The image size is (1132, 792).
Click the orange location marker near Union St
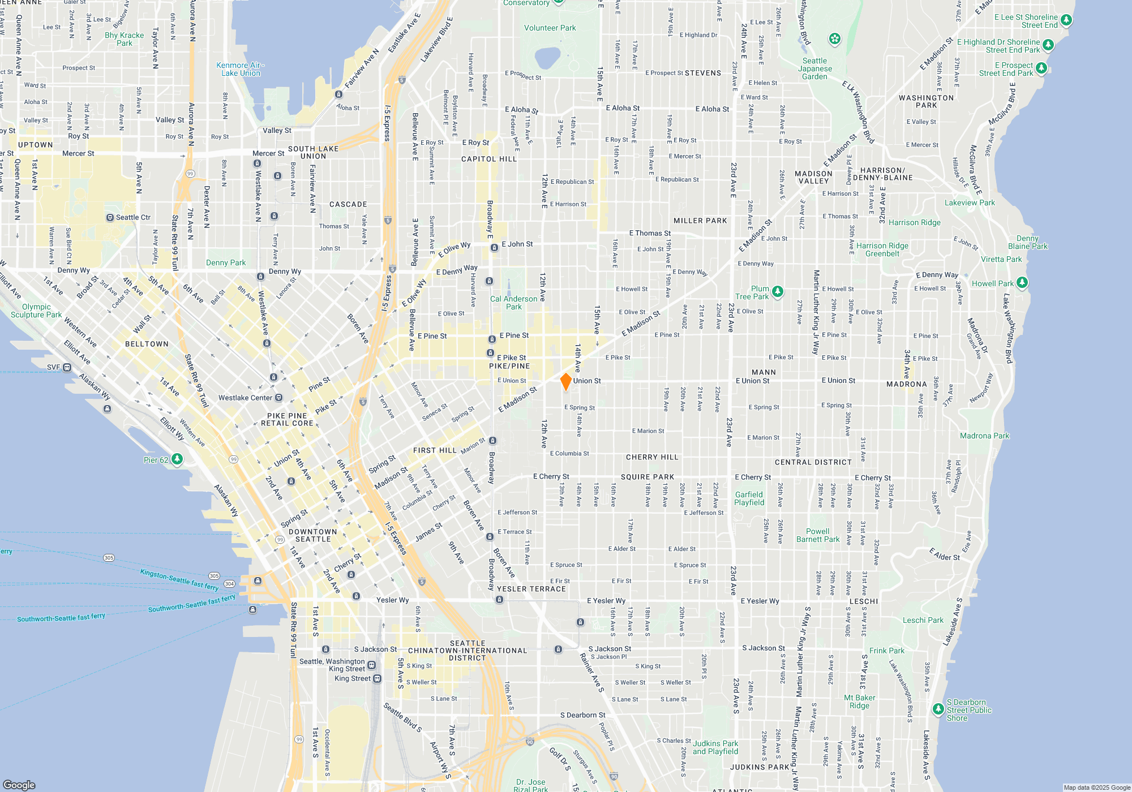pos(565,382)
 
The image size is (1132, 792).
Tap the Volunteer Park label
pos(550,28)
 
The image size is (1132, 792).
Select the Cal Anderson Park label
pos(513,303)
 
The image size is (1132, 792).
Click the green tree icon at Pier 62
pos(177,459)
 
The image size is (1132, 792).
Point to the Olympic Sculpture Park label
pos(36,311)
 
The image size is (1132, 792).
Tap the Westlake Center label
pos(246,398)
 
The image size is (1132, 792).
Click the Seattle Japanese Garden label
pos(815,68)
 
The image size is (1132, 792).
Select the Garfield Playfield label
pos(749,498)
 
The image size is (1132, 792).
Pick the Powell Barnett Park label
pos(818,535)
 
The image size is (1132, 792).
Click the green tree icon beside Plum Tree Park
pos(778,291)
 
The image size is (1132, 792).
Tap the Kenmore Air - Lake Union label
pos(241,69)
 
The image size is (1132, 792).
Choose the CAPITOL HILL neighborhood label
pos(489,159)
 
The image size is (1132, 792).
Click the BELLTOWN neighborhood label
pos(147,344)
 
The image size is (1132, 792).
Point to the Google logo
pos(19,785)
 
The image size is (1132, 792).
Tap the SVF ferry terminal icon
pos(67,367)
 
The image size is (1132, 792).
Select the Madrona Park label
pos(984,436)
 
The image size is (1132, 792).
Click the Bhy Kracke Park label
pos(125,39)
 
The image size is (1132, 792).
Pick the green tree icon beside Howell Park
pos(1022,282)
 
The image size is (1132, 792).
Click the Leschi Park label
pos(923,620)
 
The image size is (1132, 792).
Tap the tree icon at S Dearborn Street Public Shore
pos(938,708)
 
